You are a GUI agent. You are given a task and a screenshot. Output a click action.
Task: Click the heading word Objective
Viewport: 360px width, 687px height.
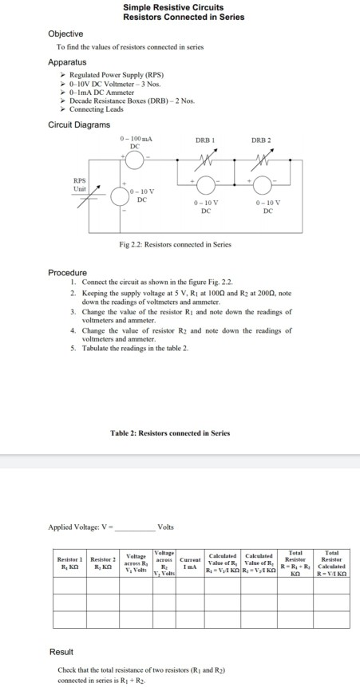[x=65, y=34]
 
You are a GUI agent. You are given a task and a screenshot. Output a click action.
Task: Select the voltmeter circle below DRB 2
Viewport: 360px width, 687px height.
[x=264, y=186]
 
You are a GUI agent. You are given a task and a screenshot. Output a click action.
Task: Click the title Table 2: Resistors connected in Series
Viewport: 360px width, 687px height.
[x=169, y=433]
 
